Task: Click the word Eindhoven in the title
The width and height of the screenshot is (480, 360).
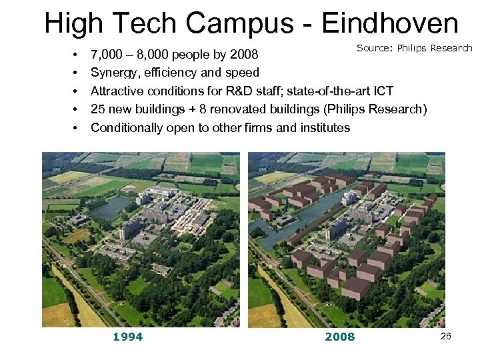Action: coord(390,24)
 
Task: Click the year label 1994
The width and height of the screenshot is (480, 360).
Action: coord(127,337)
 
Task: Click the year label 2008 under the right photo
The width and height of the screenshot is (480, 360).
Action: coord(340,337)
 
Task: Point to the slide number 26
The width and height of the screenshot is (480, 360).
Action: coord(445,336)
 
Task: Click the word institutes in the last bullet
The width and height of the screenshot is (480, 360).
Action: coord(324,127)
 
